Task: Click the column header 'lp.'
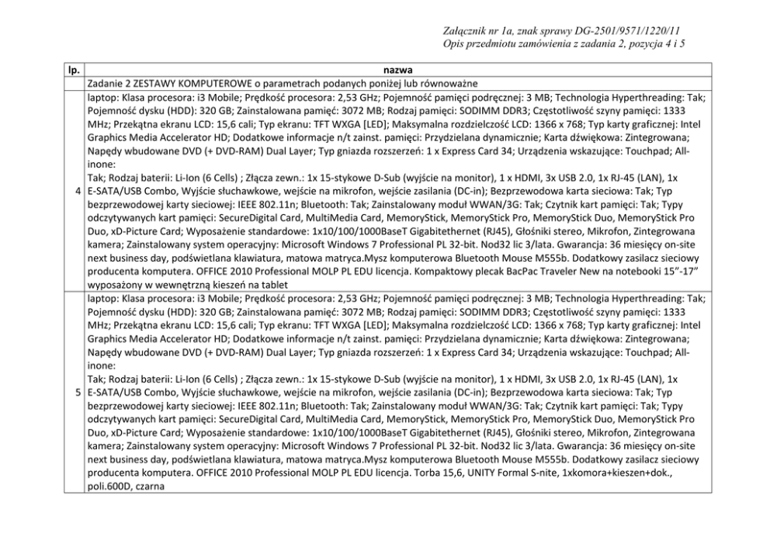click(x=74, y=71)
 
